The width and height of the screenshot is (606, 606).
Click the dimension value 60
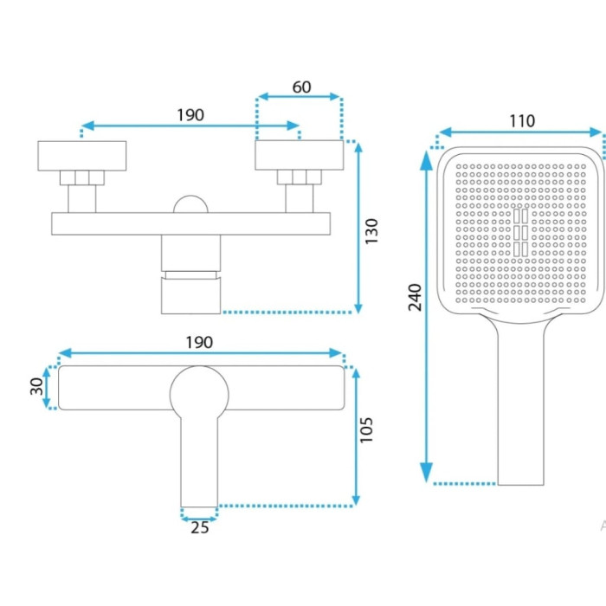301,87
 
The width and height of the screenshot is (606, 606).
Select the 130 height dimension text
371,231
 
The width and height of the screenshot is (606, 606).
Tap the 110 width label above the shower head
522,121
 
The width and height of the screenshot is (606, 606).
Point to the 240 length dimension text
415,297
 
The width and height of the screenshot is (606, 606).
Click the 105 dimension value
366,429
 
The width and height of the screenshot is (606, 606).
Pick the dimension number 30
36,386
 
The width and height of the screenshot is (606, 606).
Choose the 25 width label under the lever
199,527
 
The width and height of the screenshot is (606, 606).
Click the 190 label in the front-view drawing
190,115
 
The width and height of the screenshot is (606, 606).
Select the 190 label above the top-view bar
199,343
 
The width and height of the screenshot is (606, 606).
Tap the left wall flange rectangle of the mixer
82,156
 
